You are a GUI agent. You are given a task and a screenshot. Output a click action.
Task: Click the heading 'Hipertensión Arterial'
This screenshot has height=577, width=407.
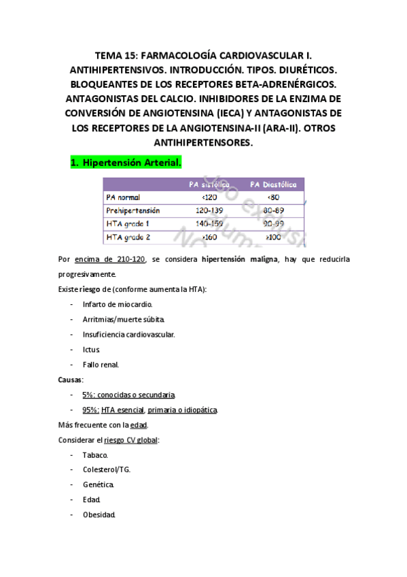131,163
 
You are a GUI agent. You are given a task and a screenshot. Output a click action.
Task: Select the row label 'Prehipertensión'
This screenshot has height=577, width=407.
133,210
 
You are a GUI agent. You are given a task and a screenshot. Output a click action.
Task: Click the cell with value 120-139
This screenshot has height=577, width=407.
209,210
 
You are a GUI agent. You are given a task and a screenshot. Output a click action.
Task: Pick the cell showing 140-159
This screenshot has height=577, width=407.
209,223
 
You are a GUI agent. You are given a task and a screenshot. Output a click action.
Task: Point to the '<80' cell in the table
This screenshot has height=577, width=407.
274,197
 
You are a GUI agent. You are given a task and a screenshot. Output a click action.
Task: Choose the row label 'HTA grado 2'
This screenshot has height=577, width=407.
128,237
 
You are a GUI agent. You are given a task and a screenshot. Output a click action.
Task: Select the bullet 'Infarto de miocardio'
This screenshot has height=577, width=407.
118,304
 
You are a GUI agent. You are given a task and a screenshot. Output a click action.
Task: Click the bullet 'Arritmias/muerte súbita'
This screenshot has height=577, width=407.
123,319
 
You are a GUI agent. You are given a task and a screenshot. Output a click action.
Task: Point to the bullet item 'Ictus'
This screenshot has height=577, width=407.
92,349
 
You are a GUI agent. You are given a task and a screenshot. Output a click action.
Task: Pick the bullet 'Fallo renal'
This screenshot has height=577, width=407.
101,365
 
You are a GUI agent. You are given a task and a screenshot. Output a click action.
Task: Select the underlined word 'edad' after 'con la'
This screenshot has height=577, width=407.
139,425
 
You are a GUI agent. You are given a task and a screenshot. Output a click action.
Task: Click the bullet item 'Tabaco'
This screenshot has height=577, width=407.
95,455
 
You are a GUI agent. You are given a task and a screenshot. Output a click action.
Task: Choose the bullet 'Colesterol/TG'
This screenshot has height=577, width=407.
107,469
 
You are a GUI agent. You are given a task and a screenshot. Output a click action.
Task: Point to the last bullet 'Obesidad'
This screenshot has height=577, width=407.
99,514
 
